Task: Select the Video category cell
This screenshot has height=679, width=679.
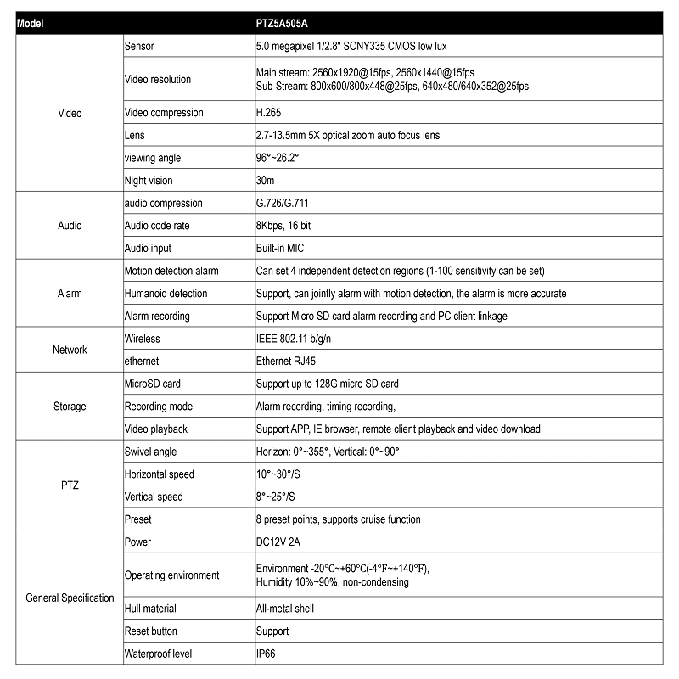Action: coord(70,113)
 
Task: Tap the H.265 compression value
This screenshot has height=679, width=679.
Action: coord(269,113)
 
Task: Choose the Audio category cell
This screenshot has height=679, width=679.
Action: coord(70,226)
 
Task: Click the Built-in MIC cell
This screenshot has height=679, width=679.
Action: coord(280,249)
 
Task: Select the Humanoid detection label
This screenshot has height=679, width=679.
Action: coord(166,294)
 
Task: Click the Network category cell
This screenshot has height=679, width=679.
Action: coord(70,350)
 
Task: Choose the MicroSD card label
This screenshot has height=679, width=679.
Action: coord(153,384)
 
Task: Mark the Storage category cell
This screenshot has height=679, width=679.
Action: coord(70,407)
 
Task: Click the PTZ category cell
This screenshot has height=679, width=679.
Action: coord(70,485)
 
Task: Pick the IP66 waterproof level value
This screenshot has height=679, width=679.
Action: coord(266,654)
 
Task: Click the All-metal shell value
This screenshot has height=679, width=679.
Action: coord(285,609)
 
